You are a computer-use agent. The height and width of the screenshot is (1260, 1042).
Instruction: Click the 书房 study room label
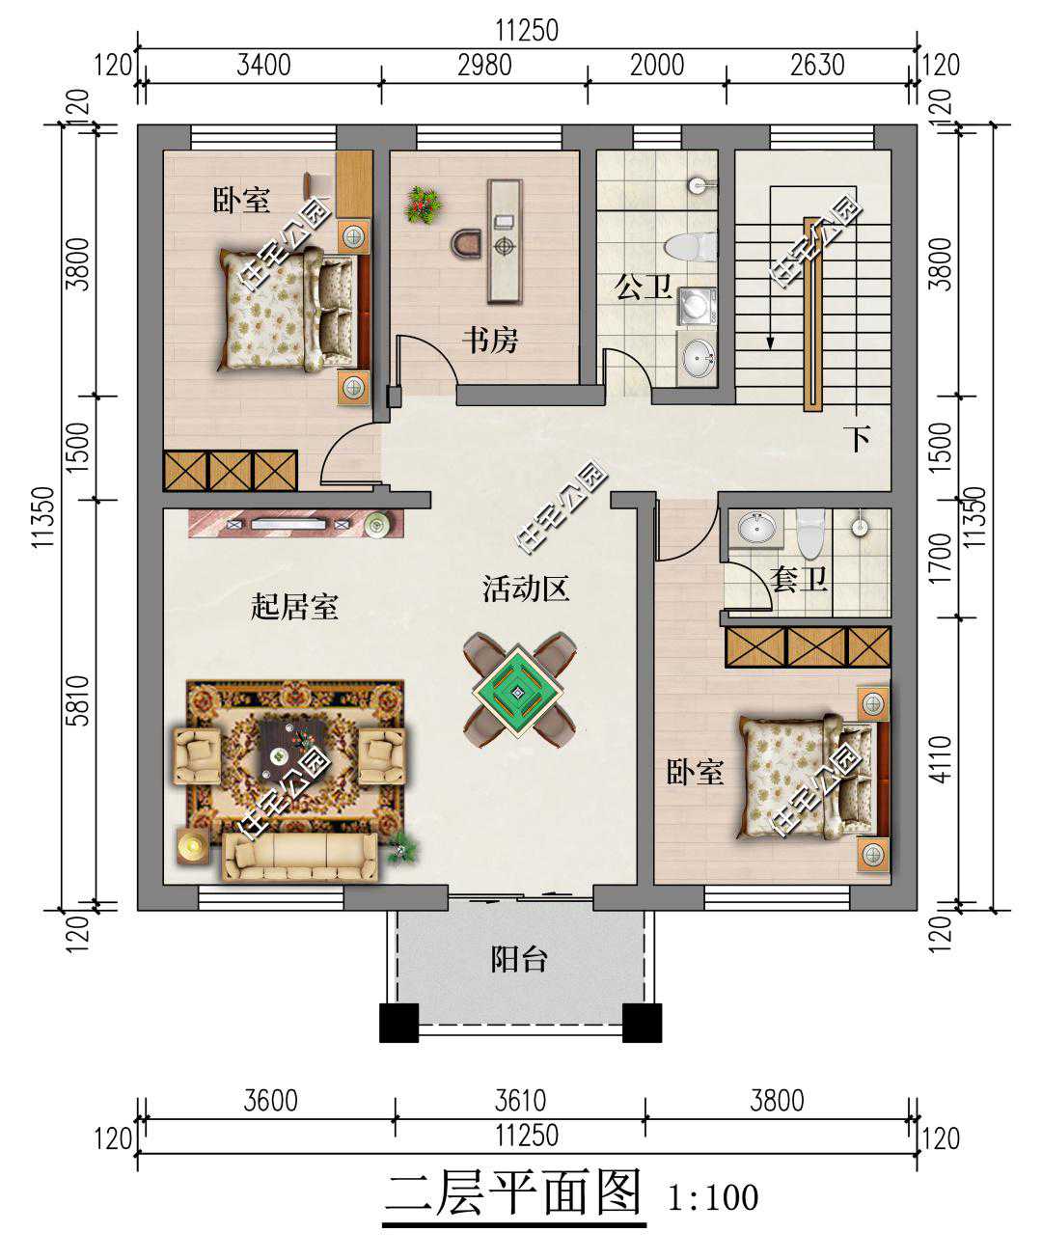(490, 341)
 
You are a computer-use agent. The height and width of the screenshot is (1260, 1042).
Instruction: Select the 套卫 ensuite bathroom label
(798, 580)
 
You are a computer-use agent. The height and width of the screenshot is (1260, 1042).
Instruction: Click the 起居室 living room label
(294, 606)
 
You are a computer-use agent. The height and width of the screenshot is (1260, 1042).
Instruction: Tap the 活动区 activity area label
(526, 589)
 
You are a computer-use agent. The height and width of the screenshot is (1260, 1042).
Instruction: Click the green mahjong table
(519, 691)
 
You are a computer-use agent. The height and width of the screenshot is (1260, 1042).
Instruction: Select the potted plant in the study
(424, 205)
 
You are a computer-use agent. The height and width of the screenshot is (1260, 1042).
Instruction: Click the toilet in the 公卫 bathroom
(691, 247)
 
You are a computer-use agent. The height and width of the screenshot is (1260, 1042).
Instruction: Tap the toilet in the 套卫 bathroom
(809, 534)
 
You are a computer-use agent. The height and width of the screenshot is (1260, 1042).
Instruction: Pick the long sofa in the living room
(300, 858)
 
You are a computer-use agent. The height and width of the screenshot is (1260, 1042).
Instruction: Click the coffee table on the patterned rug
(292, 750)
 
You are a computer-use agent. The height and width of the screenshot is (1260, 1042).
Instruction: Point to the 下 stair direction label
(860, 439)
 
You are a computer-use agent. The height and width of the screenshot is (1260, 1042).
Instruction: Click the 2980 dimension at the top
(484, 66)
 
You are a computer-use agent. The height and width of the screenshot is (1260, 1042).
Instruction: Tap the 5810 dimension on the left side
(78, 701)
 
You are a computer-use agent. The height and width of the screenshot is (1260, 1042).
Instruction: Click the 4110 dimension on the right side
(942, 760)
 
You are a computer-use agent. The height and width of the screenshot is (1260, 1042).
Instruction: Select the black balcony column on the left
(398, 1023)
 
